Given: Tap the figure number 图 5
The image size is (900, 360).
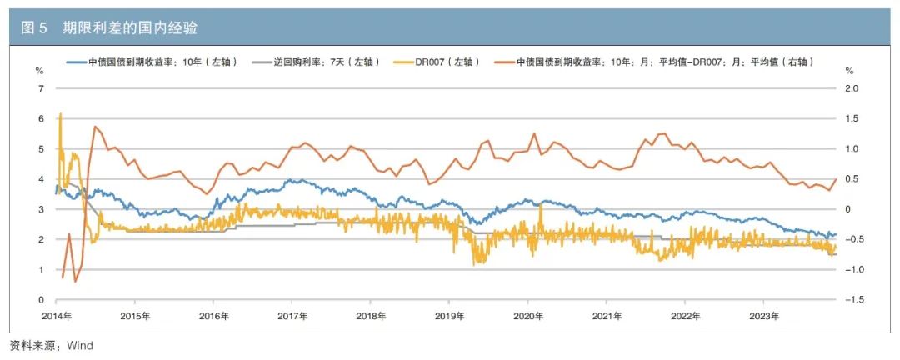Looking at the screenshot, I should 34,28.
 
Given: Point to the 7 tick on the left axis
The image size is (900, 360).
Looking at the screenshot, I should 39,88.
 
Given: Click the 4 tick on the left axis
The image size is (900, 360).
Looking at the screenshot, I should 39,179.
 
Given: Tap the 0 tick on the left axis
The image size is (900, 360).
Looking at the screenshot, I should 39,300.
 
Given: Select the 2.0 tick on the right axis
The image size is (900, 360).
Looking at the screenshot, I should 852,88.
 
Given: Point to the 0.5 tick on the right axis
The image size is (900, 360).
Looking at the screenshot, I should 852,179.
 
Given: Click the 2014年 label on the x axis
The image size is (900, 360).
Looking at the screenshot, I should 57,316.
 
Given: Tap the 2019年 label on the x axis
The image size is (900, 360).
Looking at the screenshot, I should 450,316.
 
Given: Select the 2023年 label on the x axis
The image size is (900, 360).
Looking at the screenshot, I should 764,316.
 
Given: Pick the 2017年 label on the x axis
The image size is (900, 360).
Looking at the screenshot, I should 292,316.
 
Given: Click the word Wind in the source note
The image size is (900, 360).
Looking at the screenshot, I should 80,346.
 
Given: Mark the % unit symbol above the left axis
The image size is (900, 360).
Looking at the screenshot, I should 38,71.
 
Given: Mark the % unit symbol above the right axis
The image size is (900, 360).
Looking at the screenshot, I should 850,71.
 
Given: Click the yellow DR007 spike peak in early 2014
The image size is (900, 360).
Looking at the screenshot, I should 61,114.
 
